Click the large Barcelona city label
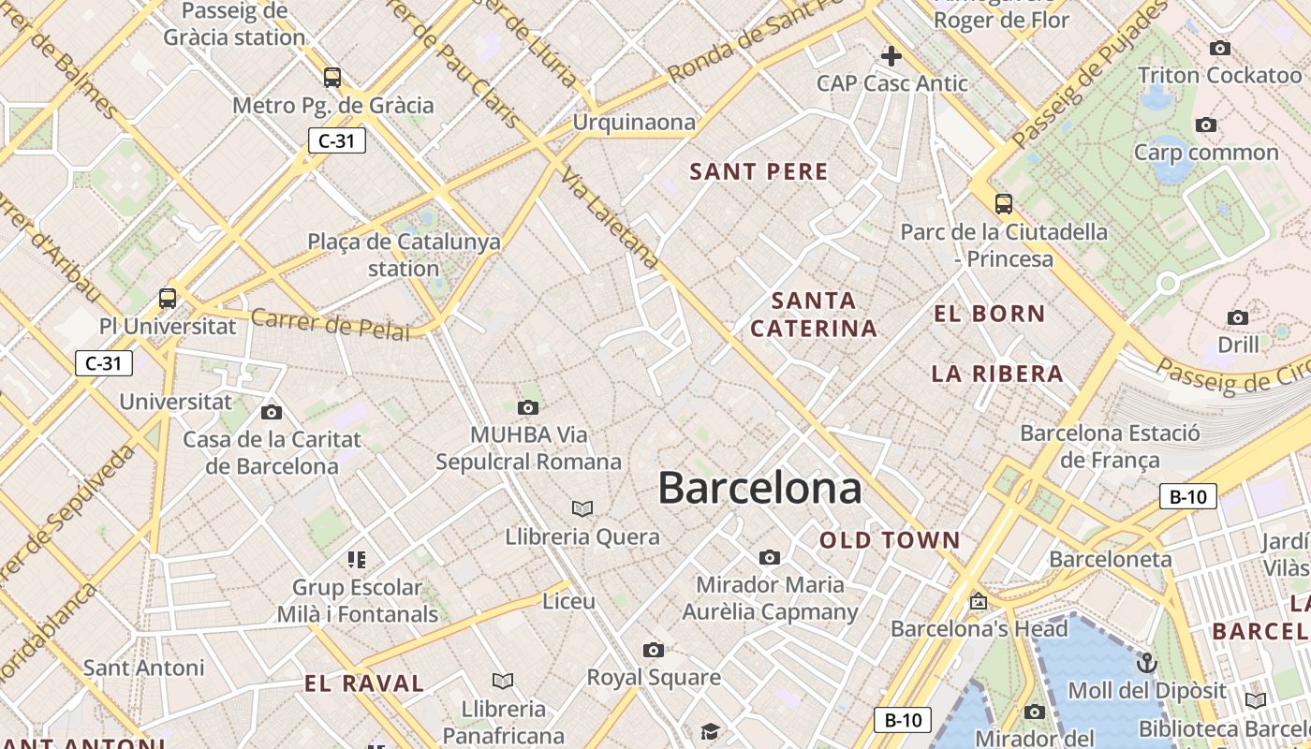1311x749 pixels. [x=759, y=488]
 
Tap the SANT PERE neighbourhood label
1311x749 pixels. [x=759, y=171]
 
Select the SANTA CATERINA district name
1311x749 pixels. [x=814, y=315]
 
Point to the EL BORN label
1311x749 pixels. [x=989, y=314]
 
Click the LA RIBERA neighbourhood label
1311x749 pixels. [x=997, y=374]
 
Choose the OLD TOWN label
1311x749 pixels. [x=890, y=539]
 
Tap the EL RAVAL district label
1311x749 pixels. [x=364, y=683]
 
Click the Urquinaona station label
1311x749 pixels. [x=634, y=122]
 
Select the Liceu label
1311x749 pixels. [x=569, y=601]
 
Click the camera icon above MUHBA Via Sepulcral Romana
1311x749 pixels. [x=528, y=407]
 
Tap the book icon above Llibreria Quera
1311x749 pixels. [x=582, y=508]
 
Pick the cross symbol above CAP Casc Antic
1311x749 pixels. [x=891, y=56]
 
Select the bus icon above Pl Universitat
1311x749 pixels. [x=168, y=299]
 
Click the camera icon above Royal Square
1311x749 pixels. [x=654, y=650]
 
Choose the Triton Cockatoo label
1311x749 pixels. [x=1219, y=75]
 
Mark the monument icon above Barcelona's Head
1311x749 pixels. [x=979, y=601]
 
